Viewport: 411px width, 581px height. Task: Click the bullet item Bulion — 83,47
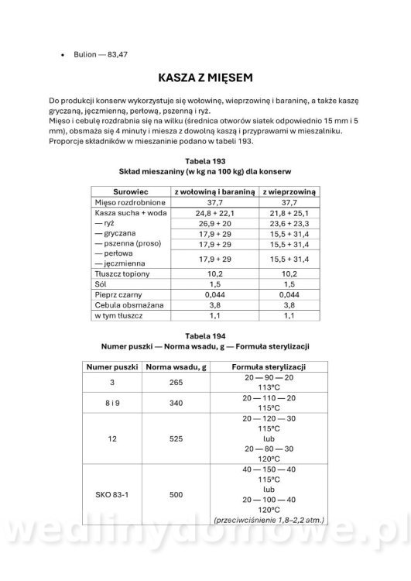(99, 57)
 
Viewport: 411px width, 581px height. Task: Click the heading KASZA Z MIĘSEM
(205, 79)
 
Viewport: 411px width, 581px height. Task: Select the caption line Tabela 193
(205, 160)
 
